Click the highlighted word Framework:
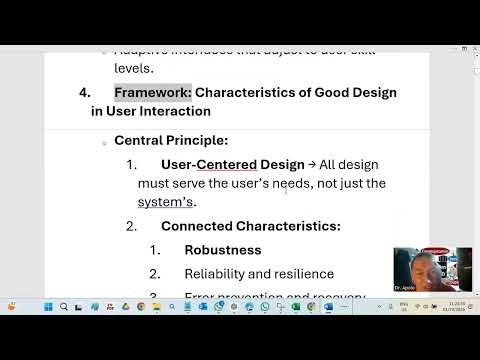tap(152, 92)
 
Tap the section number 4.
tap(84, 92)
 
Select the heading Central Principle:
tap(171, 140)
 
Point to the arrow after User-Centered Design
tap(311, 164)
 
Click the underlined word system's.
tap(166, 201)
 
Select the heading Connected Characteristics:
tap(250, 226)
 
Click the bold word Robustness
tap(222, 250)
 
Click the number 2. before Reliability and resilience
tap(155, 274)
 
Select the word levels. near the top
tap(133, 68)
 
